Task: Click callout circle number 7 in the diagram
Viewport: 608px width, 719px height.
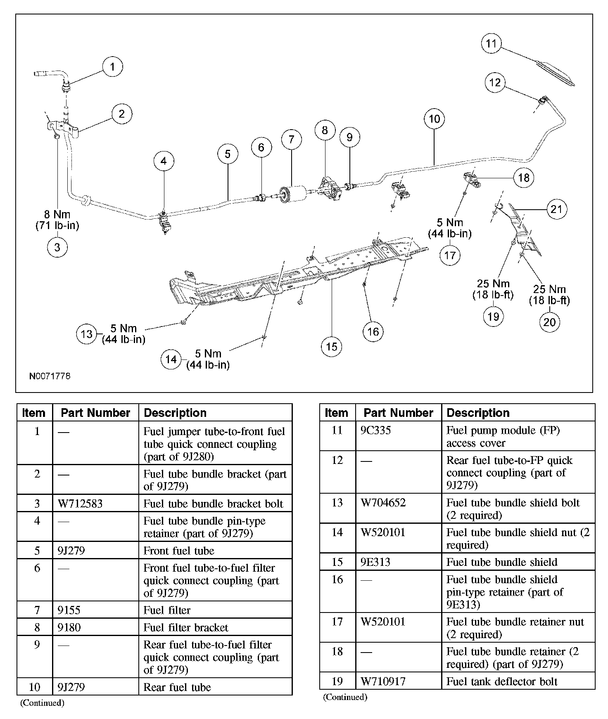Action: [x=292, y=140]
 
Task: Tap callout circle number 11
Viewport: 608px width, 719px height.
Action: [x=491, y=43]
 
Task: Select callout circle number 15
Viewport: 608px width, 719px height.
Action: [x=332, y=347]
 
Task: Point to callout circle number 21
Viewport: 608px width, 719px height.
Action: [x=556, y=209]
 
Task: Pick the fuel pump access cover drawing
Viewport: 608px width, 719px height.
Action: [x=555, y=73]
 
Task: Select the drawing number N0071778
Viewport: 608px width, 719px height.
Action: [x=50, y=376]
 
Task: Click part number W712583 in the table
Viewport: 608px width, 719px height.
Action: [x=80, y=504]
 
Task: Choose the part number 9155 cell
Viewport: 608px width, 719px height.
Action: [x=69, y=610]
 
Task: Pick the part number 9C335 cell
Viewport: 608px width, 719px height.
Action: [x=375, y=430]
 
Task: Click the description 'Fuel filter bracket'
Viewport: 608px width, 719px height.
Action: [x=185, y=627]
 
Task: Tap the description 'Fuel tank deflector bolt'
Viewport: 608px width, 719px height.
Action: [x=502, y=681]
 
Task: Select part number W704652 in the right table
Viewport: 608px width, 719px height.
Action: [x=383, y=503]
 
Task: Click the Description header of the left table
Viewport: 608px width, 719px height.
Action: [x=175, y=413]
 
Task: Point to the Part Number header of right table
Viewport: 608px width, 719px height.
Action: [x=398, y=413]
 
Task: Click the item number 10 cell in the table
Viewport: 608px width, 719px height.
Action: [x=35, y=687]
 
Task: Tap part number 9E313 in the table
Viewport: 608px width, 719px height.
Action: [x=375, y=562]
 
